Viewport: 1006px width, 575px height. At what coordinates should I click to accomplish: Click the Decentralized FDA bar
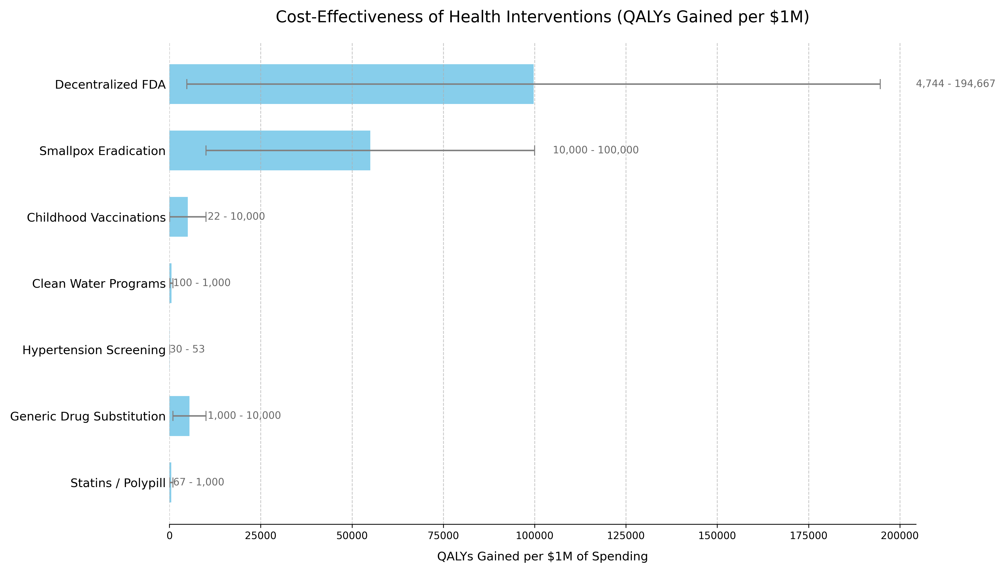click(x=351, y=95)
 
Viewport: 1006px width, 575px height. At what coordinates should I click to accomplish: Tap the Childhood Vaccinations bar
click(x=178, y=227)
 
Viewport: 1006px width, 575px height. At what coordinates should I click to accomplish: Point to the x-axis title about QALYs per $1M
click(x=542, y=557)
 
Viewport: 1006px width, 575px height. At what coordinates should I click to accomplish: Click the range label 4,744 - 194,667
click(x=955, y=84)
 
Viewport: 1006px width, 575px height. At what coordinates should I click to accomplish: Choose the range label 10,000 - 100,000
click(x=595, y=150)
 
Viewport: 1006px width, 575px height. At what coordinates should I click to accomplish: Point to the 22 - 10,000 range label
click(x=236, y=216)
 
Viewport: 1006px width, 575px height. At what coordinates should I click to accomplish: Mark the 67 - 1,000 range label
click(x=199, y=482)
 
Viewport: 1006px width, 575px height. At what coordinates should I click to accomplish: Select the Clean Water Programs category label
click(x=99, y=284)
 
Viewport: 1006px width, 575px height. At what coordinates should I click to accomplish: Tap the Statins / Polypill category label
click(x=118, y=483)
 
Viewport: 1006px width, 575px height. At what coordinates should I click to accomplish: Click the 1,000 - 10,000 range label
click(x=244, y=415)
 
